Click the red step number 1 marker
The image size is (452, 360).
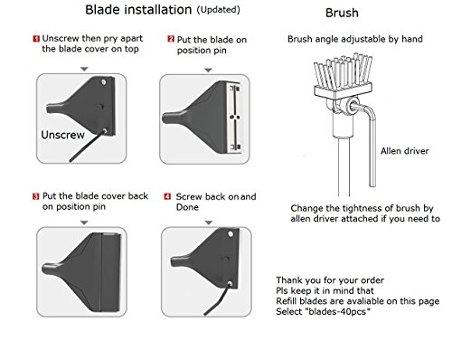[x=36, y=39]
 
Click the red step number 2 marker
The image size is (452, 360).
[x=171, y=39]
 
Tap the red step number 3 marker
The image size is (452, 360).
[x=36, y=196]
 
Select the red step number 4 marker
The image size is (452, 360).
[x=167, y=196]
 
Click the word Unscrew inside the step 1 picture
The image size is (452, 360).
[x=62, y=135]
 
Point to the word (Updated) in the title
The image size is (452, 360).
[x=219, y=10]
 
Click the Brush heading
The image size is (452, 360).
[x=342, y=13]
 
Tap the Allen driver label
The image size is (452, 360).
[x=405, y=151]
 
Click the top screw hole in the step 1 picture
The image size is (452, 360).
[x=103, y=81]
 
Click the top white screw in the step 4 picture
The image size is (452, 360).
[x=231, y=234]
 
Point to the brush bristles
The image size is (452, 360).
[x=343, y=71]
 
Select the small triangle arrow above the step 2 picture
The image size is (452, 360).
[x=208, y=71]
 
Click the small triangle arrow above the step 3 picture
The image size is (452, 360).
[x=84, y=223]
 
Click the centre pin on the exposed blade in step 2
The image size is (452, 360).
[x=235, y=117]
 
